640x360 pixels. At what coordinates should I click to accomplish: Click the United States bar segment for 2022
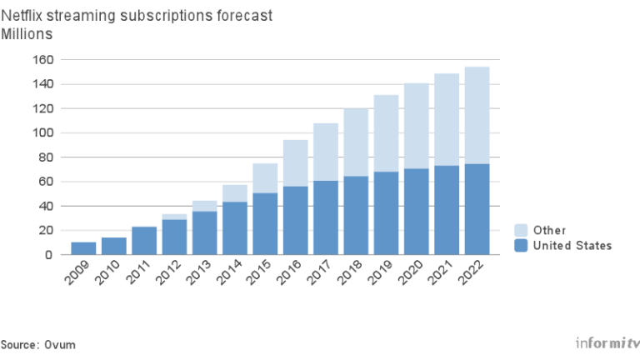click(x=477, y=209)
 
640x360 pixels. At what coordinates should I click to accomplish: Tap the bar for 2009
click(x=83, y=248)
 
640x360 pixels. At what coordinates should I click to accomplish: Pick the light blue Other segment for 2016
click(x=295, y=163)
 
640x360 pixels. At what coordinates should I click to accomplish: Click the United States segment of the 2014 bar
click(x=235, y=228)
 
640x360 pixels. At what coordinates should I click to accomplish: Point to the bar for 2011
click(x=144, y=241)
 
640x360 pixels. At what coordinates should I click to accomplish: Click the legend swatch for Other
click(x=521, y=230)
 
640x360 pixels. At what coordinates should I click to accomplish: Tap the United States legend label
click(x=572, y=245)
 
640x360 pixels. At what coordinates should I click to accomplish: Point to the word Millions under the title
click(x=27, y=33)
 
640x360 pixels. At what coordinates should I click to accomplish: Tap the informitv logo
click(x=607, y=342)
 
